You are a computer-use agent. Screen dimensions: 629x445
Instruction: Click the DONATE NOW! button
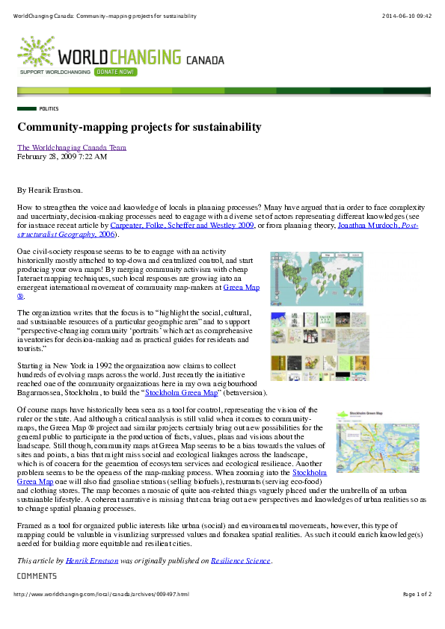point(116,72)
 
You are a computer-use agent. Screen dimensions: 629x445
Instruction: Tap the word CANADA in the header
point(204,58)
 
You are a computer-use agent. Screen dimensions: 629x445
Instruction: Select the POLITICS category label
point(49,108)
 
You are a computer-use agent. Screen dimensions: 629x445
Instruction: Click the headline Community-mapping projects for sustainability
point(139,127)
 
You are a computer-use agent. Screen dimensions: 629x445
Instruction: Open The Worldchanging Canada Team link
point(72,147)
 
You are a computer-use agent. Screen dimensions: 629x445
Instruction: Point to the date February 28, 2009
point(62,157)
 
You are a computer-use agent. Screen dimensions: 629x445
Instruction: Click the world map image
point(317,279)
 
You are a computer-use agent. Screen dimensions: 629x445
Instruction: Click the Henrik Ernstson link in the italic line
point(91,560)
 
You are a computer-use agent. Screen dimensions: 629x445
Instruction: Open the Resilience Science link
point(241,560)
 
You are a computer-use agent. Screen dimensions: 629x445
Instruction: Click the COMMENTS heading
point(37,576)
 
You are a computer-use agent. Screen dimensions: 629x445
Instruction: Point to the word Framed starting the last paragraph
point(29,526)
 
